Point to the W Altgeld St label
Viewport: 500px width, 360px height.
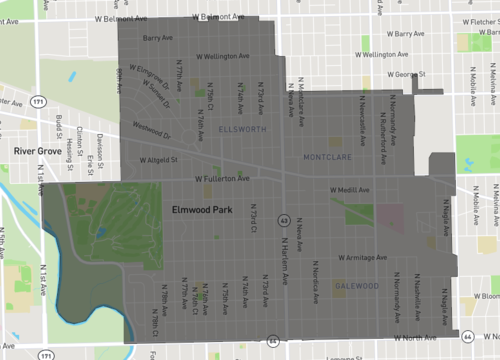158,158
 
